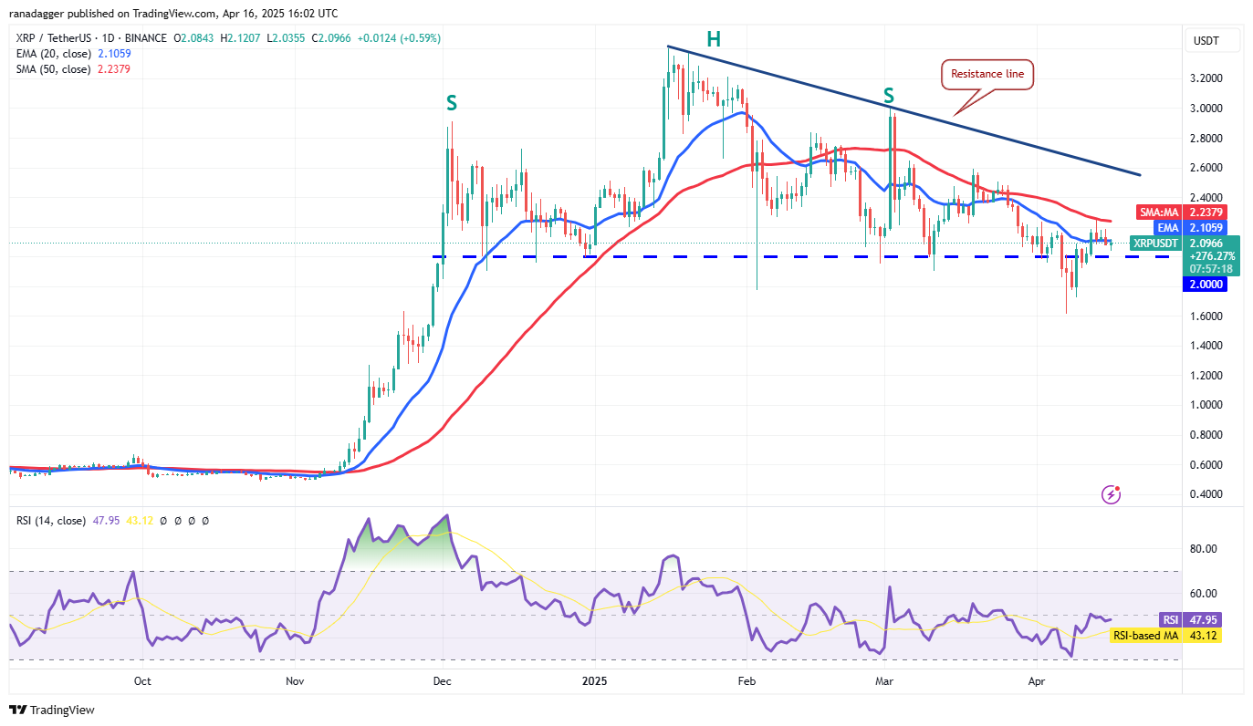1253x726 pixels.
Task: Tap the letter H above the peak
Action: pos(713,38)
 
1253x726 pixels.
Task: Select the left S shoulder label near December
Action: pos(451,103)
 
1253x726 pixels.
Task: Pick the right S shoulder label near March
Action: pos(888,96)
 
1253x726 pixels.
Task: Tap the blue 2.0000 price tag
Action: pos(1204,285)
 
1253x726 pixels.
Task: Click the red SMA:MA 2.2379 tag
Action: pos(1179,212)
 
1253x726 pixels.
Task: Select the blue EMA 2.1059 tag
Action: pos(1179,227)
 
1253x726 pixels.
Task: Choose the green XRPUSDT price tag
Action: pos(1179,244)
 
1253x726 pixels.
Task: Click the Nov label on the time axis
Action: pos(294,680)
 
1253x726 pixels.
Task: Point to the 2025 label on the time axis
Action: pos(594,680)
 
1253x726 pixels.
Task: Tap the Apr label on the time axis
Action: pos(1036,680)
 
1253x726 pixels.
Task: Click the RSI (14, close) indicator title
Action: pos(50,521)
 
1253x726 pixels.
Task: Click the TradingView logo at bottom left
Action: pos(52,710)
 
